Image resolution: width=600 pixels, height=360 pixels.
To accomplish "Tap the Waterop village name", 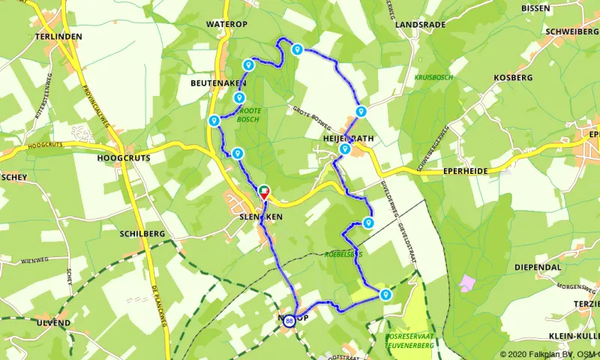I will coord(226,24).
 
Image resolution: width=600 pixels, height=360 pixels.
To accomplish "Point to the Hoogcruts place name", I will coord(124,158).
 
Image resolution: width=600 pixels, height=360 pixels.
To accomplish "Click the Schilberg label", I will coord(142,234).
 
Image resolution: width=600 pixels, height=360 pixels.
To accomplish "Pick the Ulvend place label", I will coord(52,322).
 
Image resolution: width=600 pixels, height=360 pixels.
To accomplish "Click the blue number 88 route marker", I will coord(289,321).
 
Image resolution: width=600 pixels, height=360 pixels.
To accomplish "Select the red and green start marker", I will coord(264,192).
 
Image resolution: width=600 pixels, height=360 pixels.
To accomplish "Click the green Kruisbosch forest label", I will coord(432,77).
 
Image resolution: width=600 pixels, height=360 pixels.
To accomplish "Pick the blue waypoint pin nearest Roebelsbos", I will coord(368,222).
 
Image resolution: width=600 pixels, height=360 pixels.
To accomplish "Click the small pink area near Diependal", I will coord(468,283).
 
